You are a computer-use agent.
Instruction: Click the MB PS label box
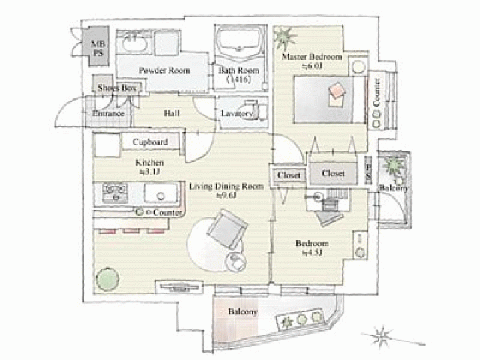98,49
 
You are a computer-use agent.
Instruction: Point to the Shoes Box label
118,88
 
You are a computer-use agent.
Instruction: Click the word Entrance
108,114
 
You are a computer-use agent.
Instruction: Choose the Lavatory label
237,113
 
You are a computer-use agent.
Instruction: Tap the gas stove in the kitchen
115,193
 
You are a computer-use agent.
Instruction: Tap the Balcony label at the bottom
243,311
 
